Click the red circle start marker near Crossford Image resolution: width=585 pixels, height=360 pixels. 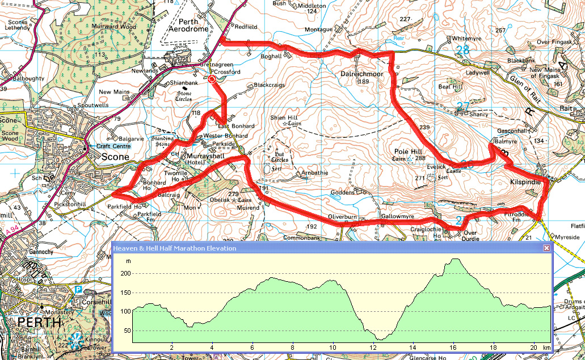pos(212,80)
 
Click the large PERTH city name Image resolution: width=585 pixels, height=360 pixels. pos(39,322)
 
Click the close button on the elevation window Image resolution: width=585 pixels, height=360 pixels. pos(546,248)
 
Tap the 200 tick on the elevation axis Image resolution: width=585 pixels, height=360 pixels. pos(124,274)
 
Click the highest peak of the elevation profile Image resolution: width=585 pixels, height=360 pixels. pos(455,259)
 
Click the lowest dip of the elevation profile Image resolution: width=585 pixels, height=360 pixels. pos(379,339)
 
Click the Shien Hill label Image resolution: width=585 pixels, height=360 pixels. pos(285,117)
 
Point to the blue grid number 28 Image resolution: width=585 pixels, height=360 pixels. pos(463,50)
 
